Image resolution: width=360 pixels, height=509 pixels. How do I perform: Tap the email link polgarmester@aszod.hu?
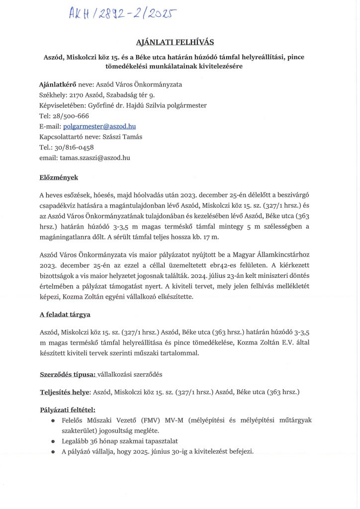coord(100,126)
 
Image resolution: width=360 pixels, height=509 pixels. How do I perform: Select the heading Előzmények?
coord(59,177)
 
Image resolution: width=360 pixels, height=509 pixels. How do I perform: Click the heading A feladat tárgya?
coord(65,315)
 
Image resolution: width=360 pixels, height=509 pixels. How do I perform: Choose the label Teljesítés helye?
coord(65,392)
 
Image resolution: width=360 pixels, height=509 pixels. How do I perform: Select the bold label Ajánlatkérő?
coord(57,85)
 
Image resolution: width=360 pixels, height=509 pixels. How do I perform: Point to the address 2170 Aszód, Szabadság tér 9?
coord(112,95)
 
